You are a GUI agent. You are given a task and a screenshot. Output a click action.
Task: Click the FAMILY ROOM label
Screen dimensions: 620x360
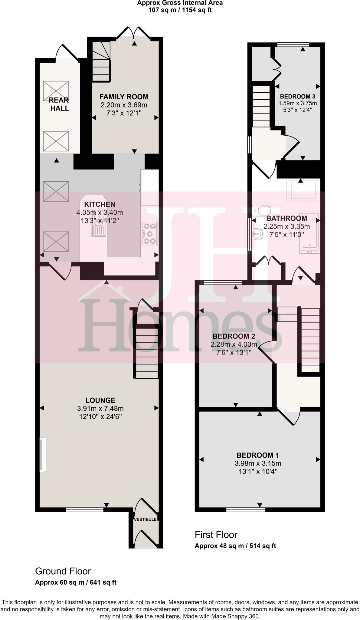[x=124, y=97]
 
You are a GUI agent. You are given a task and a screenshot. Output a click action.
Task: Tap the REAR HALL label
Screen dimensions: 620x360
[x=59, y=104]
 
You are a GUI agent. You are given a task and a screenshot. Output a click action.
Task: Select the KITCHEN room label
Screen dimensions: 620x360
[x=100, y=204]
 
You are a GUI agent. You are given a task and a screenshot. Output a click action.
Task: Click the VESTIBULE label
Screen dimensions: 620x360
[x=146, y=519]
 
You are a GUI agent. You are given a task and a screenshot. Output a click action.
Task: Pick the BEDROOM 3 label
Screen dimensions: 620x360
[x=297, y=97]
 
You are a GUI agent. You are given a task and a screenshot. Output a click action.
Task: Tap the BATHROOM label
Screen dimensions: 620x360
[x=286, y=218]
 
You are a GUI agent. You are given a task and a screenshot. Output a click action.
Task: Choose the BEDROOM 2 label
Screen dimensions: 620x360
[x=234, y=336]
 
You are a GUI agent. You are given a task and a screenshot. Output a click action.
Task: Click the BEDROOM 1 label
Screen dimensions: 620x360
[x=258, y=455]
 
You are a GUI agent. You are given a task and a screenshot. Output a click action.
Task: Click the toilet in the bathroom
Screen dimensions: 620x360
[x=262, y=209]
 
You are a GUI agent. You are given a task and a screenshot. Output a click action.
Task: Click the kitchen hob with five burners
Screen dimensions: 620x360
[x=150, y=233]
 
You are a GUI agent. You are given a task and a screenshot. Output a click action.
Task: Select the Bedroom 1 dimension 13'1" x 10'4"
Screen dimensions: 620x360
[x=258, y=471]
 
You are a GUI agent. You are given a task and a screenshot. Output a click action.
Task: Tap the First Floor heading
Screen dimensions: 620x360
[x=216, y=535]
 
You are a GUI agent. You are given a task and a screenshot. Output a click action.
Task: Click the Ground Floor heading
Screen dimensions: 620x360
[x=63, y=571]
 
